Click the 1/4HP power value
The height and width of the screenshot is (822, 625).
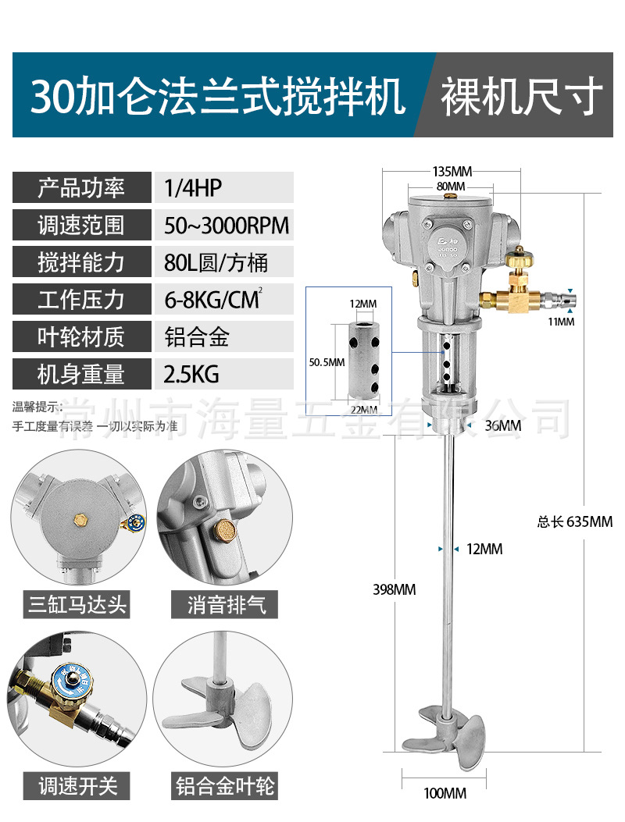pos(193,188)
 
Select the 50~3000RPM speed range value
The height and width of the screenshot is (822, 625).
pos(227,226)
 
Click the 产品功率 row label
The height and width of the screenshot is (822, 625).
pos(81,188)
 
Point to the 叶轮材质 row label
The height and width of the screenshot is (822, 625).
pos(81,337)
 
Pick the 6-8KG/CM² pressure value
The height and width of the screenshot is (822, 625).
pos(212,300)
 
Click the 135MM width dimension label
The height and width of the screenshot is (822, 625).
pos(452,170)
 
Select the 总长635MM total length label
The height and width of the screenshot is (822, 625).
pos(574,521)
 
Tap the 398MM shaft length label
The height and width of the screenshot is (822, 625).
pos(394,589)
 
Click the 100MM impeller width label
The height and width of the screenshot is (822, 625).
pos(445,793)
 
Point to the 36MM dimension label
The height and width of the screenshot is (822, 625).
pos(502,425)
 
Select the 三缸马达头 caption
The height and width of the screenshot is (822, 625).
pos(77,603)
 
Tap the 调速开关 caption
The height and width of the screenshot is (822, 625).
pos(77,785)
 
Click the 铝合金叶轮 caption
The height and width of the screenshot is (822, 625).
pos(225,785)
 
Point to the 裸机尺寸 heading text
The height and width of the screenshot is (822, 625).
pos(522,97)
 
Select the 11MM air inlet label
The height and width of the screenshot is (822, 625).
pos(562,321)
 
